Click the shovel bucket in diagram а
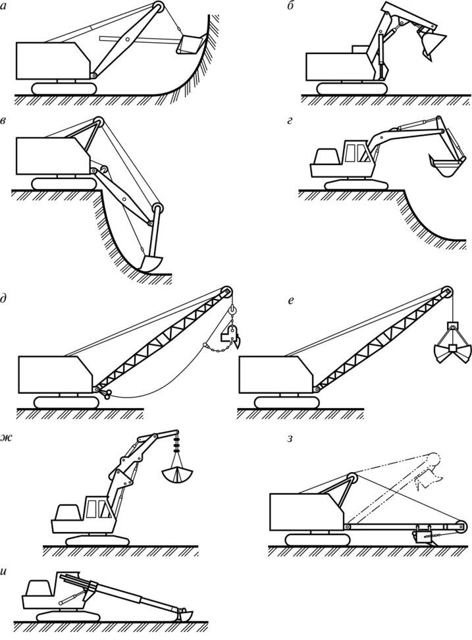pos(188,44)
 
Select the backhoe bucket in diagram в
pos(150,261)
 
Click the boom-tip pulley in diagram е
pos(448,292)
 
